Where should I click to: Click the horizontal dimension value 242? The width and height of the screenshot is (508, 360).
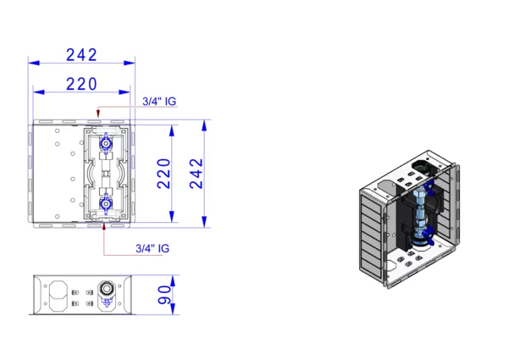[81, 55]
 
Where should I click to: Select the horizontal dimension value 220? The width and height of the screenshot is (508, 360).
[81, 84]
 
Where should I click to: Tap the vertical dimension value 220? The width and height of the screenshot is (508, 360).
[163, 174]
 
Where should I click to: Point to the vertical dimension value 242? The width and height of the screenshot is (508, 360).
[196, 174]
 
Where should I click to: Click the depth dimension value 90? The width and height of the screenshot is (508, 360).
[164, 295]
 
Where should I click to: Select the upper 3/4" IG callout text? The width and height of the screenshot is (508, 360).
[159, 102]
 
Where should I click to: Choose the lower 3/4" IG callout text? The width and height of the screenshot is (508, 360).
[152, 248]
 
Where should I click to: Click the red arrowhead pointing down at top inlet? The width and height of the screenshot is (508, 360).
[98, 114]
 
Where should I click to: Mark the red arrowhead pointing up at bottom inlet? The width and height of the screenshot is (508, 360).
[104, 226]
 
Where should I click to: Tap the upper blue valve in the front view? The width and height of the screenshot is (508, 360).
[106, 143]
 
